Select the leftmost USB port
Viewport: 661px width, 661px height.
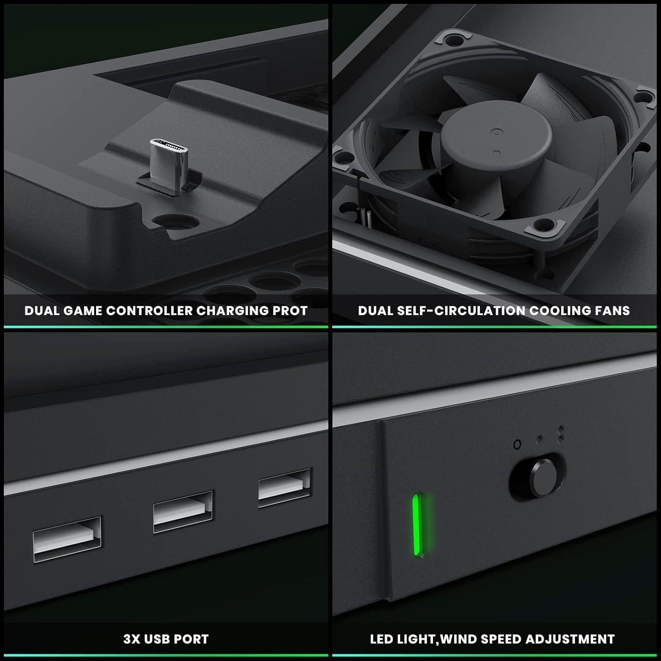[67, 539]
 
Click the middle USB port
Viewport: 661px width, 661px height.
[183, 511]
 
